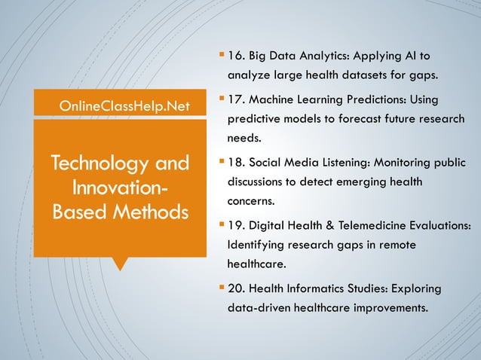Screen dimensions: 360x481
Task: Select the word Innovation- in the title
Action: point(120,186)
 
